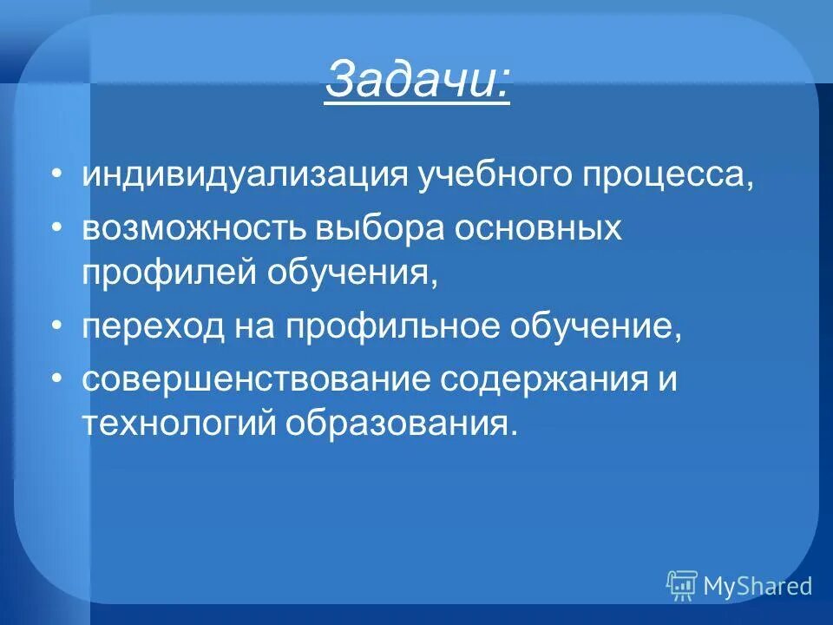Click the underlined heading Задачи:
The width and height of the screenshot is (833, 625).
[417, 82]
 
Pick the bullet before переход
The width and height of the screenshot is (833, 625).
[57, 327]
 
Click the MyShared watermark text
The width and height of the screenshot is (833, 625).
[758, 587]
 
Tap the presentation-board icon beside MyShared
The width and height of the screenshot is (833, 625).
[682, 586]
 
